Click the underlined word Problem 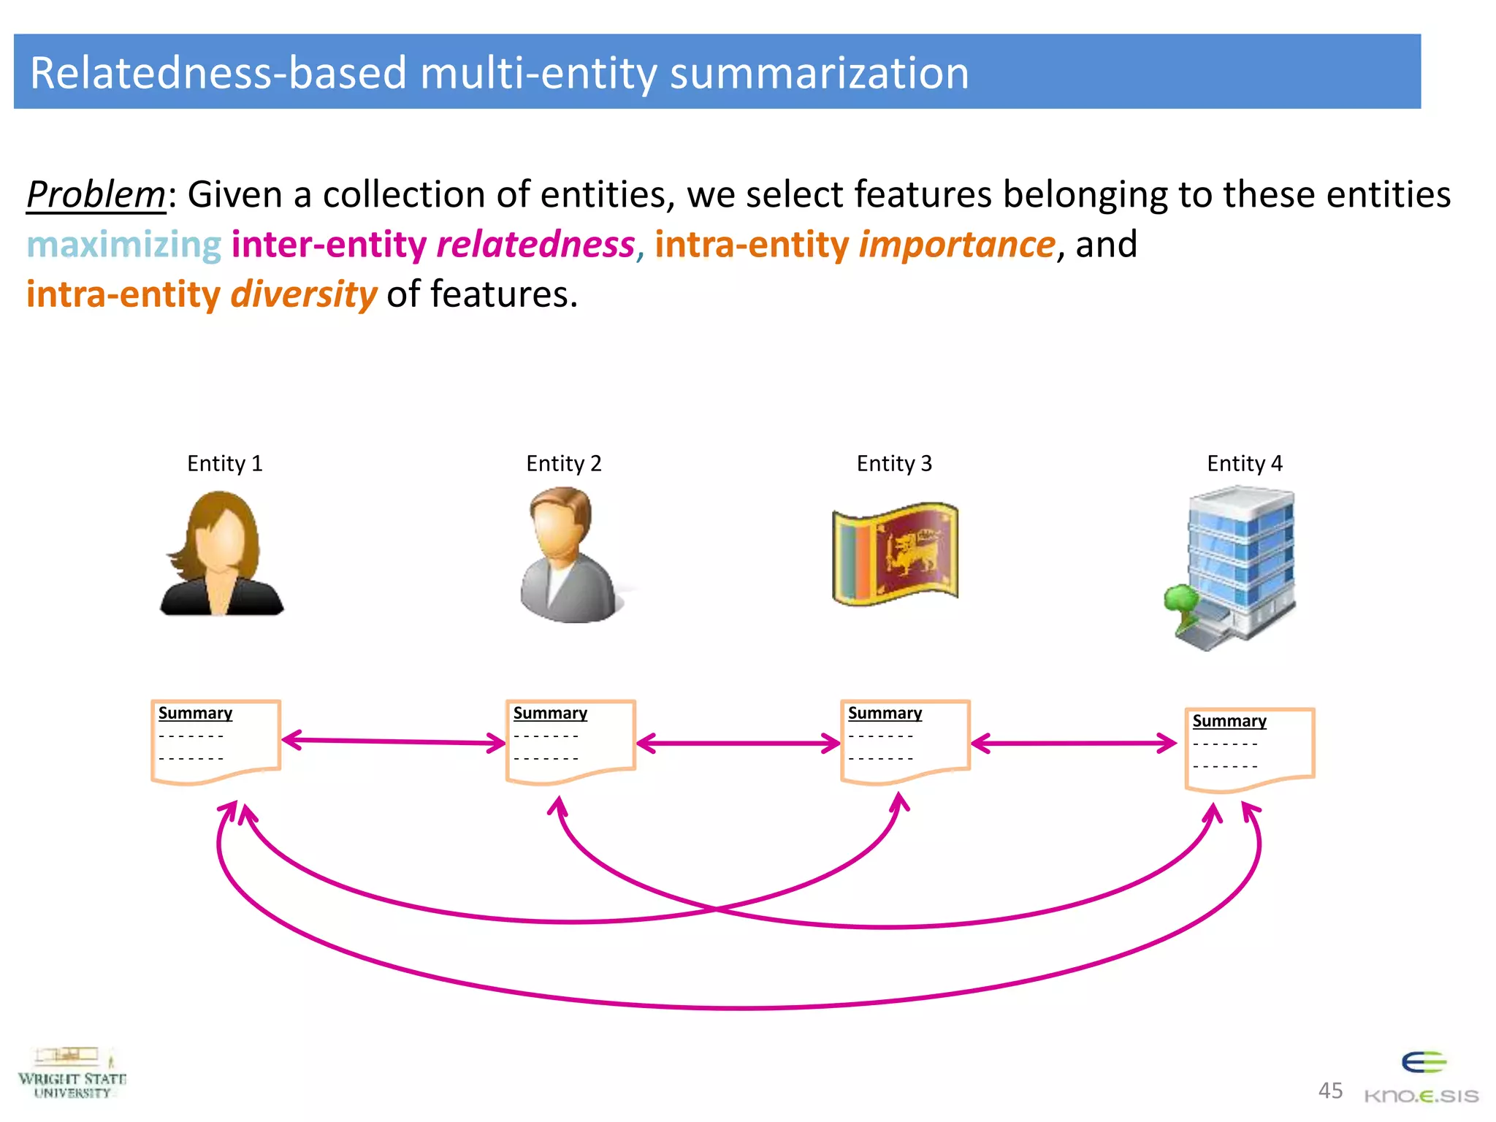click(96, 196)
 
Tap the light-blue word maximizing click(124, 245)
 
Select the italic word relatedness click(535, 245)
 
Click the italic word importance click(957, 245)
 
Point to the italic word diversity click(303, 294)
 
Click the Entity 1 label click(224, 464)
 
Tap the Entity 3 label click(894, 464)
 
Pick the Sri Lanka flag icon click(895, 554)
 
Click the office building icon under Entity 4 click(1242, 562)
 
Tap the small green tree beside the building click(1180, 603)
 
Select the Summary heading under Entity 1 click(195, 713)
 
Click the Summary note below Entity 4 click(1249, 749)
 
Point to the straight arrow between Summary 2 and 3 click(738, 744)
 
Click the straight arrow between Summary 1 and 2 click(393, 742)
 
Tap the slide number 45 click(1330, 1091)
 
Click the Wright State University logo click(72, 1074)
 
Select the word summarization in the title click(819, 73)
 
